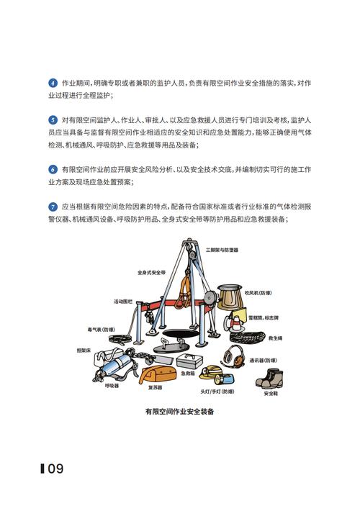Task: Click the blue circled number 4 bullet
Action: pyautogui.click(x=53, y=83)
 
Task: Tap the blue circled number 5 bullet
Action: pyautogui.click(x=53, y=119)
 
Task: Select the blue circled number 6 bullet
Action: pyautogui.click(x=53, y=169)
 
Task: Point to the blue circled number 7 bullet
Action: pyautogui.click(x=53, y=205)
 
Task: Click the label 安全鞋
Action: pyautogui.click(x=271, y=393)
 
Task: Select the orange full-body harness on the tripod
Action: pyautogui.click(x=183, y=287)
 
